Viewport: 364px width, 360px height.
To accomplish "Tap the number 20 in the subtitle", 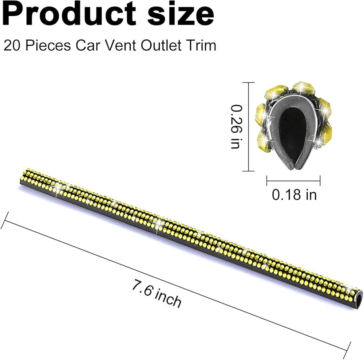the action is [x=12, y=45].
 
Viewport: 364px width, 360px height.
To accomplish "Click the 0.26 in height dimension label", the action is [x=236, y=127].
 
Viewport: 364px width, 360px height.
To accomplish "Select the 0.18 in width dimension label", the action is [x=294, y=195].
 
